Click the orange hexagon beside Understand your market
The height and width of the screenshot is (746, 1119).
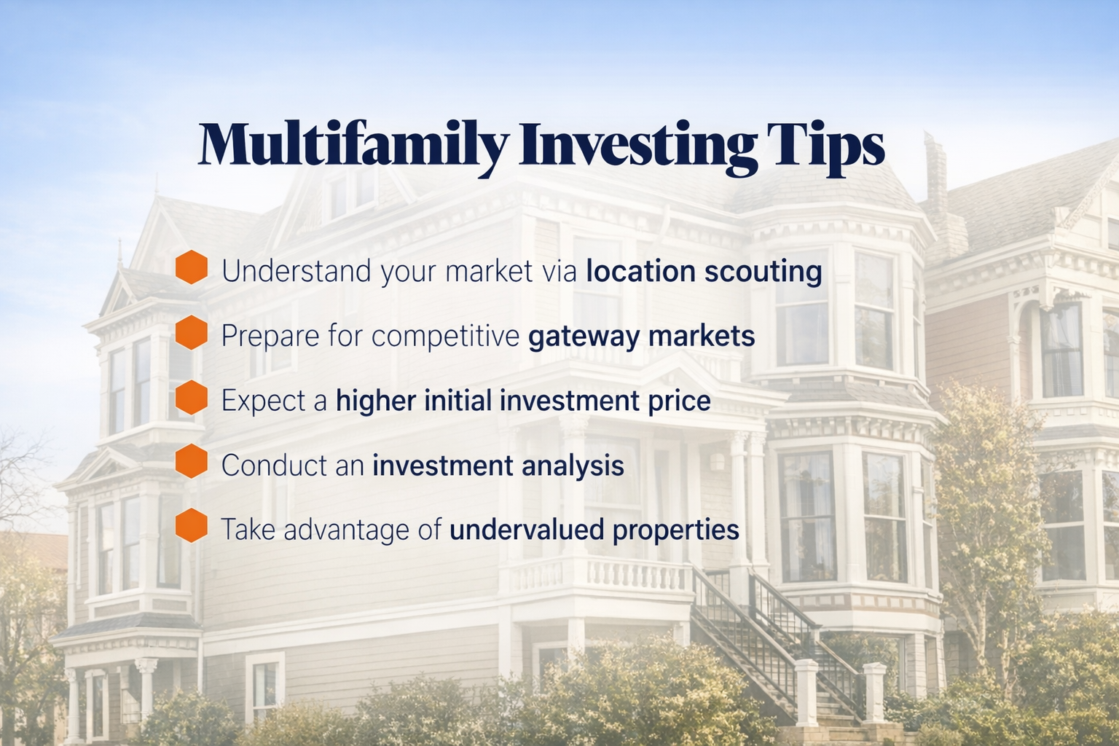click(x=192, y=267)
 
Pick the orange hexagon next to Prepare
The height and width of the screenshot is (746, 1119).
click(x=192, y=332)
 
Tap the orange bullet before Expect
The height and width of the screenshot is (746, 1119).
click(x=192, y=397)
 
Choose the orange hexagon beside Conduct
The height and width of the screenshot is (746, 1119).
click(x=192, y=461)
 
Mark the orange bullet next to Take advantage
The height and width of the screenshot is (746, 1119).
click(x=192, y=525)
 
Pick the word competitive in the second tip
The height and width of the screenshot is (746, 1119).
click(x=446, y=336)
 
